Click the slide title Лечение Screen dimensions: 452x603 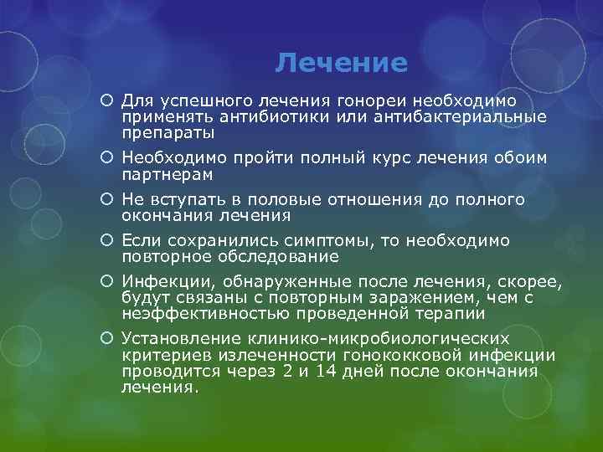[342, 63]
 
